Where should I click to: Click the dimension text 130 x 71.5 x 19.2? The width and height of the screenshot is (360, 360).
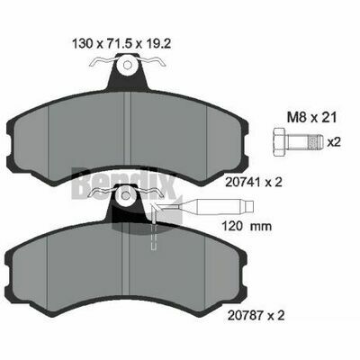(x=121, y=44)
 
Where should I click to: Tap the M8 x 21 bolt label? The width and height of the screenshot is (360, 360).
(x=311, y=117)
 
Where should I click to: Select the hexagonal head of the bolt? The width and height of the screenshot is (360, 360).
(x=280, y=142)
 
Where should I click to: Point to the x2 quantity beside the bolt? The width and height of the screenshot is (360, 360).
(x=334, y=142)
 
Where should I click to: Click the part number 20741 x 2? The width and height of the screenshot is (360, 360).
(x=255, y=182)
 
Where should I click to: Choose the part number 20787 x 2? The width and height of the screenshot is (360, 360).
(x=256, y=315)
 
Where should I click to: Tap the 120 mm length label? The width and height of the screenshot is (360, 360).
(x=247, y=226)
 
